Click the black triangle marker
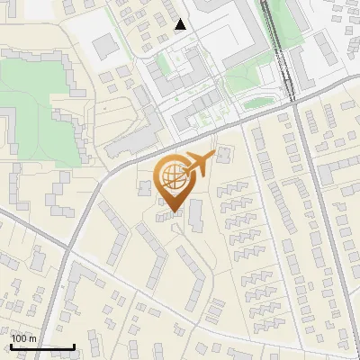[x=182, y=24]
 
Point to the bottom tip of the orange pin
[x=172, y=212]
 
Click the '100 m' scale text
[x=24, y=338]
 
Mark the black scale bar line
[x=42, y=346]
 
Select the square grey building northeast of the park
[x=106, y=44]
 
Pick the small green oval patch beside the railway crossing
[x=257, y=103]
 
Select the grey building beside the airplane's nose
[x=221, y=155]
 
